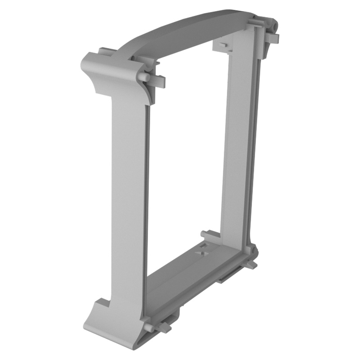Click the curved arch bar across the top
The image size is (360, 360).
189,31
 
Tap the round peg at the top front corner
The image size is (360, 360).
144,77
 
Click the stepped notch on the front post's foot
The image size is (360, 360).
101,302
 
